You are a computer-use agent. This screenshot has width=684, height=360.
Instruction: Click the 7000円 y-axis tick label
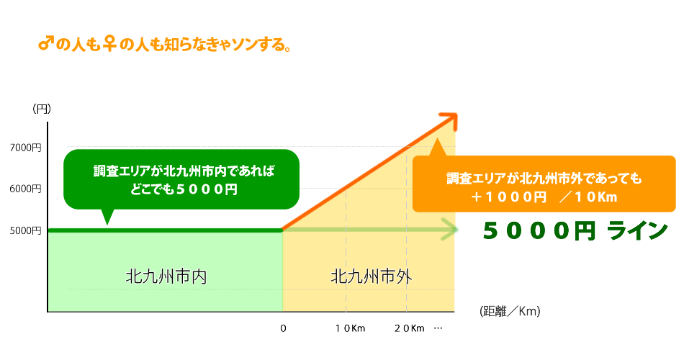pyautogui.click(x=26, y=148)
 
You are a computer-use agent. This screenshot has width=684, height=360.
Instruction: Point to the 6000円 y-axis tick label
pyautogui.click(x=26, y=189)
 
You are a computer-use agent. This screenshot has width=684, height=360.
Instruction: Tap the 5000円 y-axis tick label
pyautogui.click(x=26, y=230)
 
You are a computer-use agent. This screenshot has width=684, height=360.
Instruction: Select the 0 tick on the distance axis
pyautogui.click(x=283, y=328)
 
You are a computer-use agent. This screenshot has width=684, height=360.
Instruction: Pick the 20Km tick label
pyautogui.click(x=410, y=328)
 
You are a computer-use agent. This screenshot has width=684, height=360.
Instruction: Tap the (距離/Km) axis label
pyautogui.click(x=509, y=311)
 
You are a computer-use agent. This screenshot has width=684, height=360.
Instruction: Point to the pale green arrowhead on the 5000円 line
pyautogui.click(x=451, y=230)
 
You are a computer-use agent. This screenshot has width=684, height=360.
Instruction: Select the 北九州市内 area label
pyautogui.click(x=166, y=276)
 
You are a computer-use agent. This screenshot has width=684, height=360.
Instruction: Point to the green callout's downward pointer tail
pyautogui.click(x=107, y=216)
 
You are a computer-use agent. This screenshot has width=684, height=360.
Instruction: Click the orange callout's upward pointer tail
pyautogui.click(x=437, y=148)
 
